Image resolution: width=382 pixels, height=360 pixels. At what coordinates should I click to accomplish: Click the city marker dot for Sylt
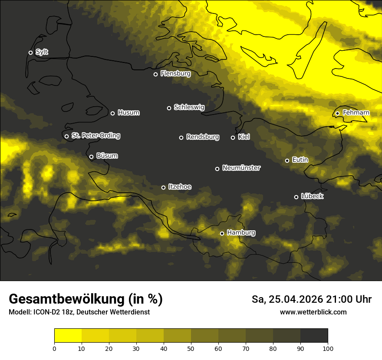(x=30, y=52)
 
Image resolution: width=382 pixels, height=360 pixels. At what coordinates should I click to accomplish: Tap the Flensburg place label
(x=175, y=74)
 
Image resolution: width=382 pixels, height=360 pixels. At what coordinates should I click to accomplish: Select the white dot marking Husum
(x=112, y=113)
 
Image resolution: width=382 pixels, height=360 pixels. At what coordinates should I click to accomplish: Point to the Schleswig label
(x=189, y=107)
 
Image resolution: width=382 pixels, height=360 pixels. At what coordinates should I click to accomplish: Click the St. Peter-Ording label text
(x=95, y=136)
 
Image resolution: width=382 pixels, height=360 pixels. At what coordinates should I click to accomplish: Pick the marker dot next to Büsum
(x=91, y=157)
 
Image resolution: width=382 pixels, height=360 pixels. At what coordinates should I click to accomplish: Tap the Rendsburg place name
(x=202, y=137)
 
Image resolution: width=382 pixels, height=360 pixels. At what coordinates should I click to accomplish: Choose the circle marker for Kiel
(x=233, y=137)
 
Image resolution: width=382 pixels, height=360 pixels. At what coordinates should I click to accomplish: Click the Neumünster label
(x=241, y=168)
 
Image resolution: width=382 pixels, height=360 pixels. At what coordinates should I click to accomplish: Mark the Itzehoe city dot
(x=163, y=187)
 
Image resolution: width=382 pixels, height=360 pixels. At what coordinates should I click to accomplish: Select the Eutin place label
(x=300, y=160)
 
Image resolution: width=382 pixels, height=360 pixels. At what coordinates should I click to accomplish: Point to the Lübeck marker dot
(x=296, y=197)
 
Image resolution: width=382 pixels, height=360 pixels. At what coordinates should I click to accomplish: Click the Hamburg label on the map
(x=241, y=233)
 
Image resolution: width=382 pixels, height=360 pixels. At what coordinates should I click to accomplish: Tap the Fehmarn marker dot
(x=337, y=113)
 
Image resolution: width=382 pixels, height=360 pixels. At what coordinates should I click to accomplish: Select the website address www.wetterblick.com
(x=313, y=312)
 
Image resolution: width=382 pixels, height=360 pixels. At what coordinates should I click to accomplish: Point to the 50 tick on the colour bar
(x=191, y=348)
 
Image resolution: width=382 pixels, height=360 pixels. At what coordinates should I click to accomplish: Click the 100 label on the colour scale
(x=328, y=348)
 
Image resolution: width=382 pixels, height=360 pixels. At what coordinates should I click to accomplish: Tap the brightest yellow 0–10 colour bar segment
(x=68, y=336)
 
